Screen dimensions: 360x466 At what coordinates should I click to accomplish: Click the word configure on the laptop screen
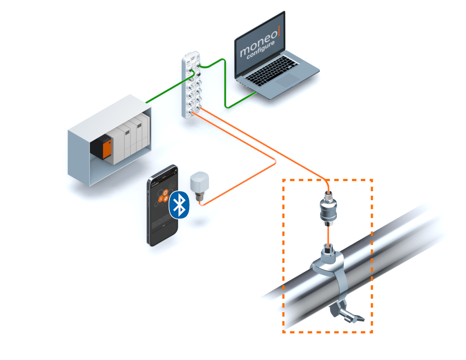pyautogui.click(x=261, y=50)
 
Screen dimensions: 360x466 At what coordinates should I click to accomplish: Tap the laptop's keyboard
pyautogui.click(x=272, y=70)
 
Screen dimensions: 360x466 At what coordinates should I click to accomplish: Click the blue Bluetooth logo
pyautogui.click(x=179, y=205)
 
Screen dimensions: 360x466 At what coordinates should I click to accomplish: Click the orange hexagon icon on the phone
pyautogui.click(x=166, y=192)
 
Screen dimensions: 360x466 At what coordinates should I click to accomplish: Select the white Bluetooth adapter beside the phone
pyautogui.click(x=199, y=181)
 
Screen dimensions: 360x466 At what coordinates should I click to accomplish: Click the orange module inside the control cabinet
pyautogui.click(x=107, y=148)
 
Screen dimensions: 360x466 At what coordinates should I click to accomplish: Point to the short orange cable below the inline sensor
pyautogui.click(x=328, y=235)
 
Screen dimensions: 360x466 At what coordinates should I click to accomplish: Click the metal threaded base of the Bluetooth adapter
pyautogui.click(x=199, y=196)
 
